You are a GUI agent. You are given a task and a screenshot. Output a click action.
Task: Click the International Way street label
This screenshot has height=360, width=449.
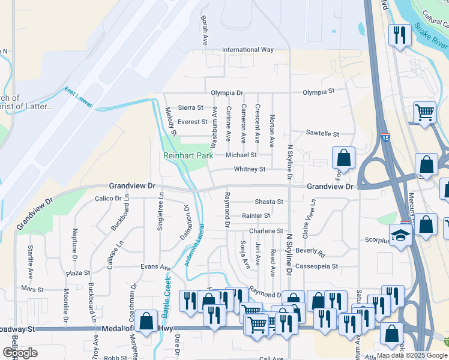247,50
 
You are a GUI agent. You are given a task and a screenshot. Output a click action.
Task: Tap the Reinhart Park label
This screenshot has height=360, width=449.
188,155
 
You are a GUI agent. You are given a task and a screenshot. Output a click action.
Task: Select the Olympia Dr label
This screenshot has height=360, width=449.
227,93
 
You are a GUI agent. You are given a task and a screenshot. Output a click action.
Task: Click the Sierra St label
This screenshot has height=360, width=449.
191,107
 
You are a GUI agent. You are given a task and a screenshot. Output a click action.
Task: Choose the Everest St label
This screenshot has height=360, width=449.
193,122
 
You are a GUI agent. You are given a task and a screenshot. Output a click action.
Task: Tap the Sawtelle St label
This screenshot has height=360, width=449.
322,133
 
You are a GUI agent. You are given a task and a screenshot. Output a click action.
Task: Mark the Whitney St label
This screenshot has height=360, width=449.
249,170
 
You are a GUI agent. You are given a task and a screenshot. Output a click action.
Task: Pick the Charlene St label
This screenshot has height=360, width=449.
265,231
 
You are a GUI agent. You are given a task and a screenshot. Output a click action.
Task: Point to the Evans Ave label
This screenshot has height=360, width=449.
156,266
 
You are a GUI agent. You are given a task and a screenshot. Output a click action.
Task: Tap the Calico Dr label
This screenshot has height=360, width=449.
108,198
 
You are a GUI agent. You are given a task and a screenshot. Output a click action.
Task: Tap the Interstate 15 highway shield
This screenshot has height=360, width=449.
385,137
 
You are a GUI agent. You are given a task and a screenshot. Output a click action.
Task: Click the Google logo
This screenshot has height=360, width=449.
20,352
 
